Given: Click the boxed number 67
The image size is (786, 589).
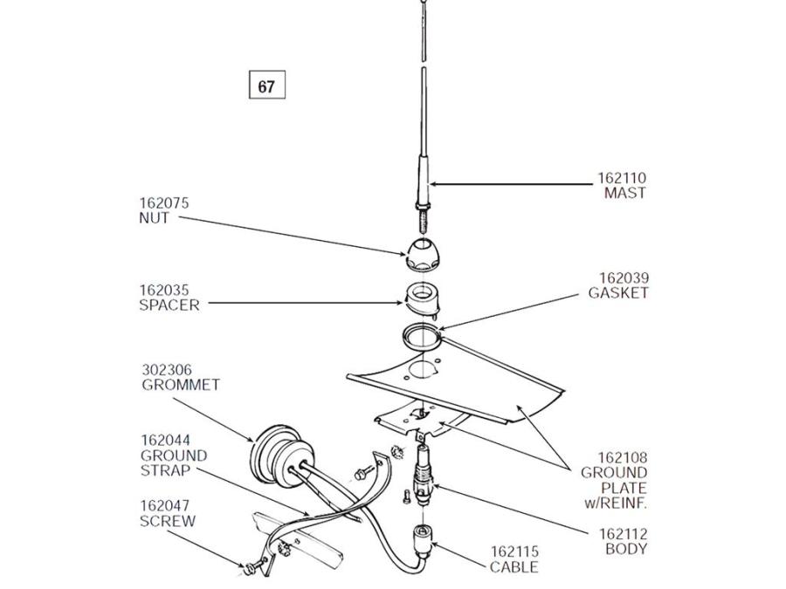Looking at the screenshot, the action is click(x=267, y=86).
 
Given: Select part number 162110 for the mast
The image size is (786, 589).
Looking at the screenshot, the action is click(x=622, y=178).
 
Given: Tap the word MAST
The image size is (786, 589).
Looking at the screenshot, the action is click(x=625, y=193).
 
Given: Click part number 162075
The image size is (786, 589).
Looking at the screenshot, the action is click(x=164, y=203).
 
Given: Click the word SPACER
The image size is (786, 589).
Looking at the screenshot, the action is click(x=169, y=305).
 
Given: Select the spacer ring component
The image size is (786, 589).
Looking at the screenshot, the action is click(x=422, y=299).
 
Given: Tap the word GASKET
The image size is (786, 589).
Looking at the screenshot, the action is click(x=618, y=293).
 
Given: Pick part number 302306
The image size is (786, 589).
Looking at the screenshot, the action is click(x=167, y=370).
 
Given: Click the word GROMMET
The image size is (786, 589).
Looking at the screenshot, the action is click(x=181, y=385).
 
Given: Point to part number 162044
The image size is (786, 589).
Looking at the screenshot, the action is click(x=166, y=441).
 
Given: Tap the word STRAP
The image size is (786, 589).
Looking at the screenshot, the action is click(x=165, y=471).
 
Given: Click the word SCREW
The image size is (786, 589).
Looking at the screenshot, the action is click(x=168, y=522).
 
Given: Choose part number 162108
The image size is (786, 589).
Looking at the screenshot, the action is click(x=622, y=458).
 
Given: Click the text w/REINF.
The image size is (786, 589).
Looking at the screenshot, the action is click(x=616, y=503).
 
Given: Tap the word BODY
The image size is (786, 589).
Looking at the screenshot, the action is click(x=626, y=549).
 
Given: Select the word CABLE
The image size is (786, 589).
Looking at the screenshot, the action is click(x=514, y=567).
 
